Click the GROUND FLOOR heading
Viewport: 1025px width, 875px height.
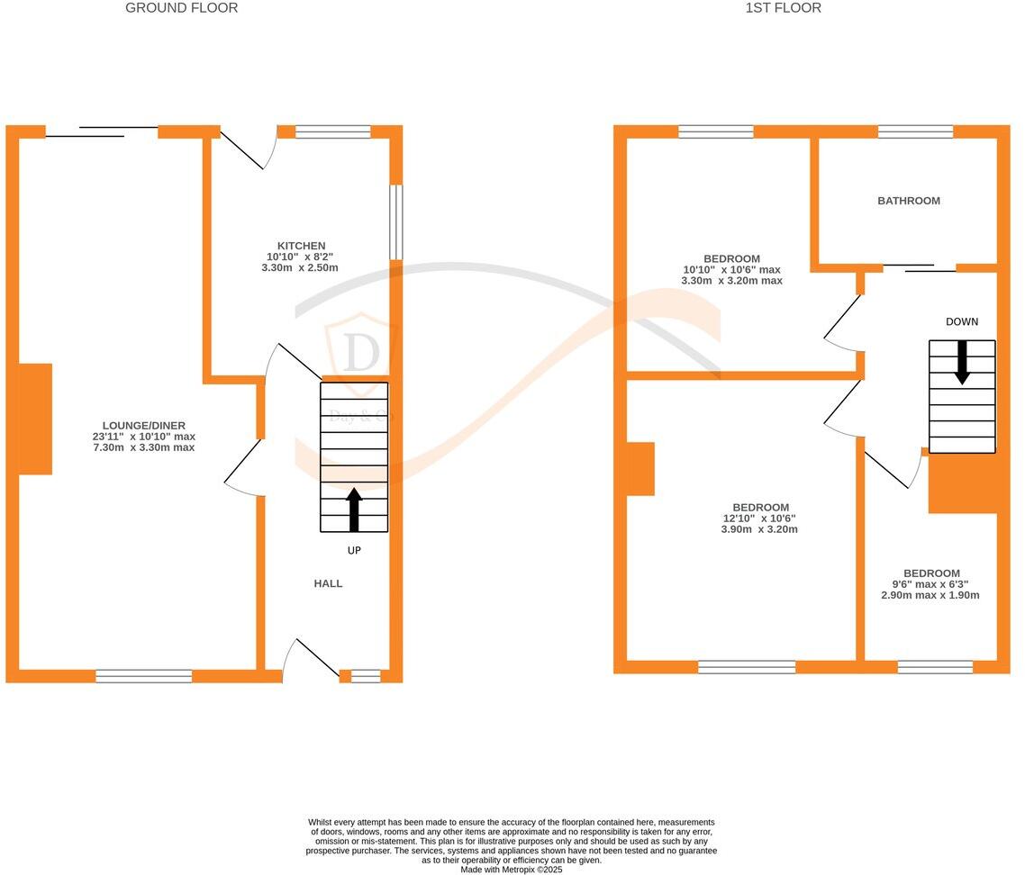(x=181, y=8)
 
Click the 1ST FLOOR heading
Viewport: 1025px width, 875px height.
(x=783, y=8)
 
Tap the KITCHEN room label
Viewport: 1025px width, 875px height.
(x=301, y=246)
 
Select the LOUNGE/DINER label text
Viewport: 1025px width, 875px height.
(x=144, y=426)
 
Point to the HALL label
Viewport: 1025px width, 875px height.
(x=328, y=583)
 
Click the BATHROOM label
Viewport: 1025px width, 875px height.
(x=909, y=201)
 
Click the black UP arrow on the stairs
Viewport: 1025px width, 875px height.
(x=354, y=509)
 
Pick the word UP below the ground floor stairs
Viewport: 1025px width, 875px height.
(x=354, y=550)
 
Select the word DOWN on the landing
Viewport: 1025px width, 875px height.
(x=961, y=321)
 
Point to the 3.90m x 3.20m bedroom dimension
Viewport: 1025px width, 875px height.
(x=758, y=529)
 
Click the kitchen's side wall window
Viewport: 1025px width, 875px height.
(x=395, y=222)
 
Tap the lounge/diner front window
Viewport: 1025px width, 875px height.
(x=144, y=676)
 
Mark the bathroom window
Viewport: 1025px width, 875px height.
(x=915, y=131)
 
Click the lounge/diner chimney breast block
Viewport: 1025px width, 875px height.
(x=35, y=419)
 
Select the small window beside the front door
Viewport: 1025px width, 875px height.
(x=366, y=676)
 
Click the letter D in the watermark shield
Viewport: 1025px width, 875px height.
(x=360, y=353)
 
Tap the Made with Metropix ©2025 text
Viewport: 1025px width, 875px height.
(x=511, y=870)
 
